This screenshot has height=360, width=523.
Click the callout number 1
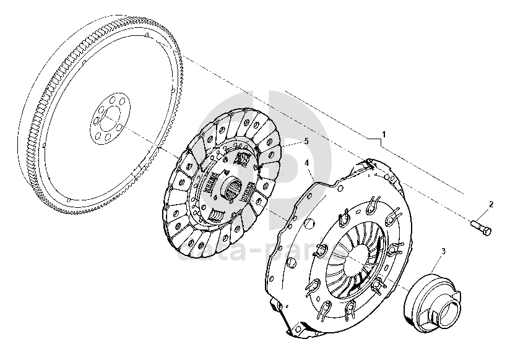tap(384, 134)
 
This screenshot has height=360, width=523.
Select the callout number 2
tap(491, 204)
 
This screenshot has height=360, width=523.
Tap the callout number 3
tap(443, 251)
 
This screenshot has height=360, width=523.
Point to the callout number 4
tap(307, 163)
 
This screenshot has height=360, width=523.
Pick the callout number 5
tap(305, 142)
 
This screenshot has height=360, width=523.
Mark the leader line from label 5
tap(291, 144)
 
